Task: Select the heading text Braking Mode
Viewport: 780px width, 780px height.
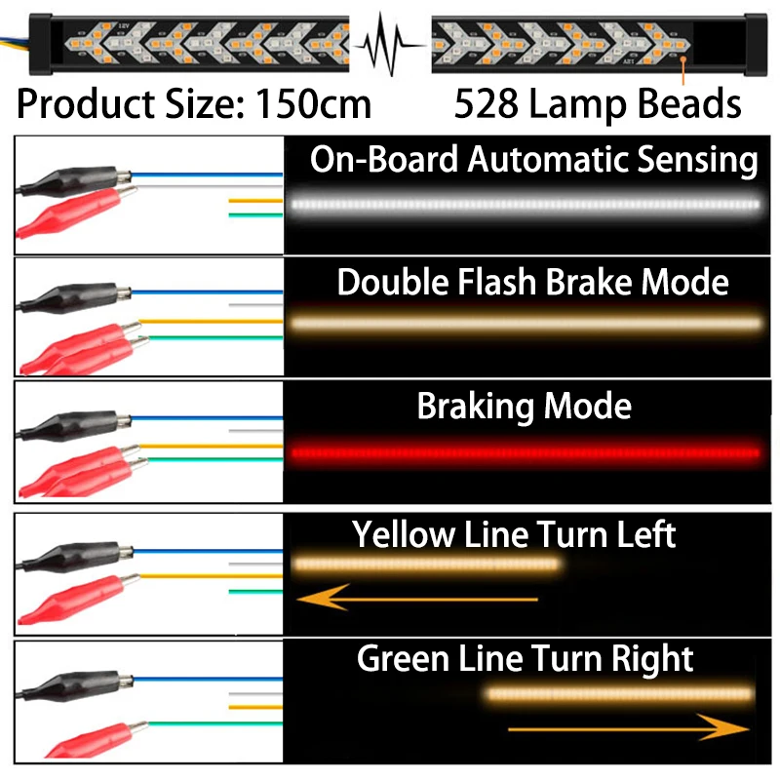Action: click(x=525, y=406)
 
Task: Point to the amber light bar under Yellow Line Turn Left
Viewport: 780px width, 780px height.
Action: click(x=427, y=564)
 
